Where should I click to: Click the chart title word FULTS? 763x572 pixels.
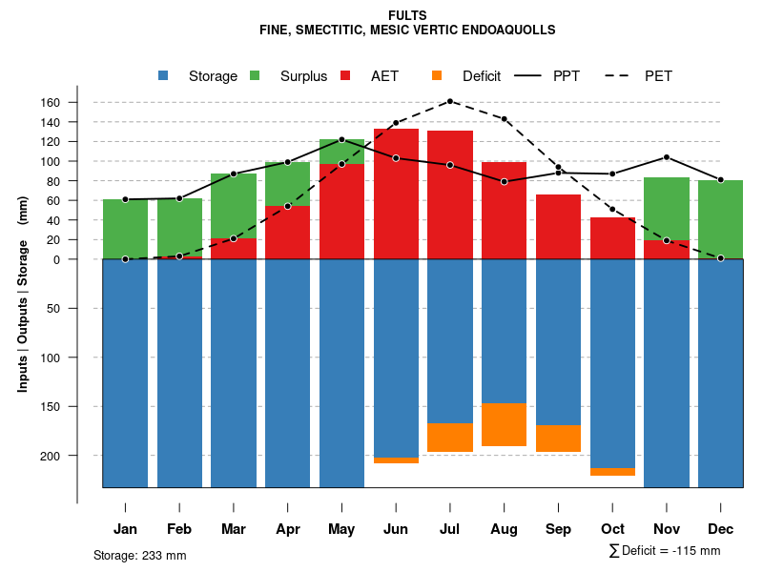[x=408, y=15]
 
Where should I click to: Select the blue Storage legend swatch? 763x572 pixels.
[x=163, y=76]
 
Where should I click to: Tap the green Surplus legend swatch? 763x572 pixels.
[x=255, y=76]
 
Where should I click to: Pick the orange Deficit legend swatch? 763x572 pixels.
[x=437, y=76]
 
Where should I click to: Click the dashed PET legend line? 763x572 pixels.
[x=622, y=76]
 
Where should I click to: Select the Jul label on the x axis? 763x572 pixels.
[x=450, y=529]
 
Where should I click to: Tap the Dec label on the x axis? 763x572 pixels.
[x=721, y=529]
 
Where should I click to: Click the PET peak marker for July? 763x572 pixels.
[x=450, y=101]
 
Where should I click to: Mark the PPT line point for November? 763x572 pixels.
[x=667, y=157]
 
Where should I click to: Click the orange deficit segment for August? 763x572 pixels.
[x=505, y=424]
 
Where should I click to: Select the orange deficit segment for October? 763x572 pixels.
[x=612, y=472]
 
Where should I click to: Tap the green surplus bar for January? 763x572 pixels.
[x=125, y=229]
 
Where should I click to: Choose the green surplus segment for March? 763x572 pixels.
[x=234, y=206]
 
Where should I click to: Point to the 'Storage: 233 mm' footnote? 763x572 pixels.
[x=140, y=556]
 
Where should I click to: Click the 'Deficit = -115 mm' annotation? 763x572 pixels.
[x=665, y=551]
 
